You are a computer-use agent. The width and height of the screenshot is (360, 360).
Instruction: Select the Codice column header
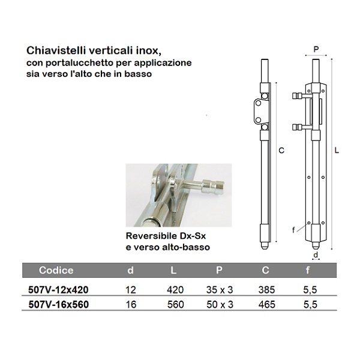(56, 270)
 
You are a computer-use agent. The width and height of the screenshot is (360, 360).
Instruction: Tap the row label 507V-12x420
(58, 290)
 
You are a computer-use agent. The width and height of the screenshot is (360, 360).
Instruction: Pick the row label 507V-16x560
(59, 304)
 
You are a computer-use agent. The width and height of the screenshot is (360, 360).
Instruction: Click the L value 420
(175, 290)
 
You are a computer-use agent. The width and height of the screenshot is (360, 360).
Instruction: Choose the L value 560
(176, 304)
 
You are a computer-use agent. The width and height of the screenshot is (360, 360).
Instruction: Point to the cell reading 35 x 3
(220, 290)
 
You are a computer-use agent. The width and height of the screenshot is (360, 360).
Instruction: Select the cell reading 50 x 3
(220, 304)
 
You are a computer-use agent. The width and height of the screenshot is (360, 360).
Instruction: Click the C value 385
(266, 290)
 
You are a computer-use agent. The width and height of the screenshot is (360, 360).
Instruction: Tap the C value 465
(267, 304)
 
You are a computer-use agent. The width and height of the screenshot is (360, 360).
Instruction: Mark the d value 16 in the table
(131, 304)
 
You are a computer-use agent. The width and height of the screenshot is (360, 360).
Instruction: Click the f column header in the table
(308, 270)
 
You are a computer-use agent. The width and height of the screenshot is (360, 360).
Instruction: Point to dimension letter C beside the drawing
(281, 151)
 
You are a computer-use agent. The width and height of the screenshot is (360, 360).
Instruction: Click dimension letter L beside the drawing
(337, 151)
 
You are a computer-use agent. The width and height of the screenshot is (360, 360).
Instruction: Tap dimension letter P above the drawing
(316, 49)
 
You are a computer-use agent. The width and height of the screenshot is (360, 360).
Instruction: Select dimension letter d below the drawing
(316, 254)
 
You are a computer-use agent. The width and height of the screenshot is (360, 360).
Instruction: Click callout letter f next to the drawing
(293, 230)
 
